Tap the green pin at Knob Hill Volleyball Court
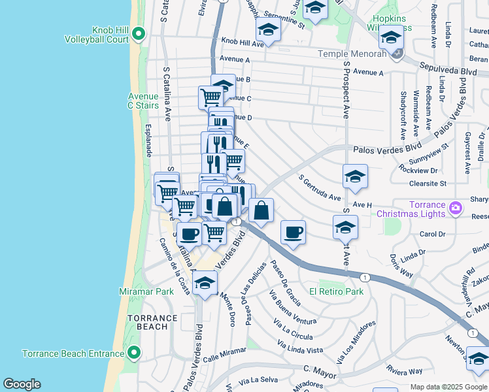(x=138, y=33)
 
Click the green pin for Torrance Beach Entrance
(x=135, y=353)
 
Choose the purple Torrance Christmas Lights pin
(x=456, y=209)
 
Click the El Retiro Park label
(x=336, y=291)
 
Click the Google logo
(x=22, y=384)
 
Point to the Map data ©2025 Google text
(x=448, y=387)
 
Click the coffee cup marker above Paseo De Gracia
(x=293, y=233)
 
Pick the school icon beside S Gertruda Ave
(x=355, y=176)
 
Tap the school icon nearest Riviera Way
(x=478, y=359)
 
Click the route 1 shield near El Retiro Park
(x=365, y=278)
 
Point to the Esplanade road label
(x=148, y=140)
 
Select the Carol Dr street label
(x=432, y=234)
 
